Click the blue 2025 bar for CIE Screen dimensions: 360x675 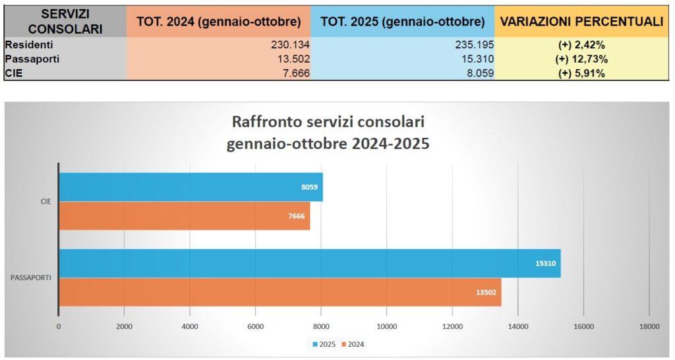(x=191, y=187)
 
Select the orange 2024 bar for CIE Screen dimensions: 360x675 (x=184, y=216)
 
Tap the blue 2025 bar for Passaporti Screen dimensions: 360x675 (x=310, y=263)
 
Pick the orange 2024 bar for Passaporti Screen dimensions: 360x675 (x=280, y=292)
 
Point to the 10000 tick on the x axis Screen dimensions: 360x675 (x=386, y=326)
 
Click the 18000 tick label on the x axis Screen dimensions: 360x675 (x=649, y=326)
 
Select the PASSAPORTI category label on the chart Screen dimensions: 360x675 (x=32, y=278)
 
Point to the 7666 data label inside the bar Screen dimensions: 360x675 (x=296, y=216)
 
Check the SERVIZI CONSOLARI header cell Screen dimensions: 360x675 (x=64, y=21)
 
